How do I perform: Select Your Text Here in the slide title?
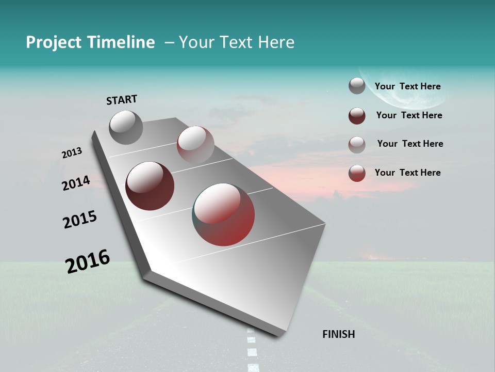237,42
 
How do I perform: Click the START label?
122,100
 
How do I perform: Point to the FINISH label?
339,334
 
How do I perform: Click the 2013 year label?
72,153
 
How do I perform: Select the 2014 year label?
76,183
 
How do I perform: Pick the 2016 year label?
88,261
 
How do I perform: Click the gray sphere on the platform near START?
126,127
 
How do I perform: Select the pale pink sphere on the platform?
195,144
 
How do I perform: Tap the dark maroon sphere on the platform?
150,186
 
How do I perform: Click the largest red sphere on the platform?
223,214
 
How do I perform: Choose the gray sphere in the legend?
357,86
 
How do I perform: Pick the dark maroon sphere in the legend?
357,116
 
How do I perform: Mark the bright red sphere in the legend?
357,173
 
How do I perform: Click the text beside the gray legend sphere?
407,87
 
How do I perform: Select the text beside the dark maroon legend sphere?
409,116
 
